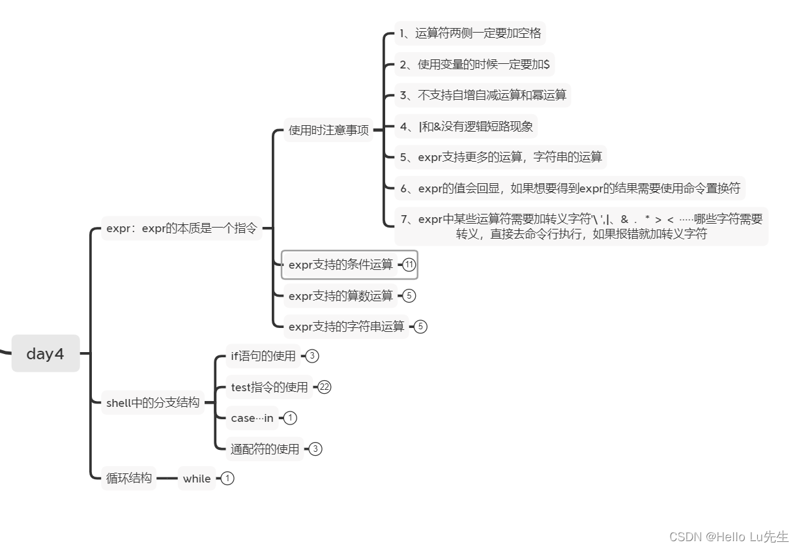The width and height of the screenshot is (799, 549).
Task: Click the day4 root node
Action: [x=46, y=353]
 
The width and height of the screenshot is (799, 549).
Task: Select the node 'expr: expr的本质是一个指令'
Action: [x=181, y=228]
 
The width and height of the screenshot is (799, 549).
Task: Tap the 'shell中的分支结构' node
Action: [x=153, y=402]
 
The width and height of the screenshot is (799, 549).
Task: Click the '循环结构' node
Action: [x=128, y=478]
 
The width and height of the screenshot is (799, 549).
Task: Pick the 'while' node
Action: [x=196, y=479]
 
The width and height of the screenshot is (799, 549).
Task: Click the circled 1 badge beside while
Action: [x=227, y=478]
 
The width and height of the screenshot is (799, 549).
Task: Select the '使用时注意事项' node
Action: [x=328, y=130]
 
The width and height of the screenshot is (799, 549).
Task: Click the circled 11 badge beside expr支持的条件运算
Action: [x=409, y=264]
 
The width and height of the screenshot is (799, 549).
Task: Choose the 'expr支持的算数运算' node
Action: [x=340, y=295]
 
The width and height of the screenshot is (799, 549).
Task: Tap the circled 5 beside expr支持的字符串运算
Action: [x=420, y=327]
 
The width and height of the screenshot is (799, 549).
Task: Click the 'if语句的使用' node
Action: [x=263, y=356]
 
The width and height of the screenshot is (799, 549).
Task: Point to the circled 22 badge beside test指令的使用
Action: [x=324, y=387]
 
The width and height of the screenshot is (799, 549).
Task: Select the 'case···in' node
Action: [x=252, y=418]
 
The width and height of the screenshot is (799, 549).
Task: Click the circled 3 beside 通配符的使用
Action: [x=315, y=449]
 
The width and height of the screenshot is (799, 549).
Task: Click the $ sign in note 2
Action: [x=546, y=64]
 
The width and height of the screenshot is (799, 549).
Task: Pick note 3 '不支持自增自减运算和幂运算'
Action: [x=482, y=95]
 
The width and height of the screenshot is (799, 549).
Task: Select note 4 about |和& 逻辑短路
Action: [x=466, y=126]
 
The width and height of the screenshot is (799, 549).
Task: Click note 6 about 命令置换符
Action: [x=570, y=188]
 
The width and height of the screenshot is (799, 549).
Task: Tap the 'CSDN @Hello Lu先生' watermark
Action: [x=729, y=537]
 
